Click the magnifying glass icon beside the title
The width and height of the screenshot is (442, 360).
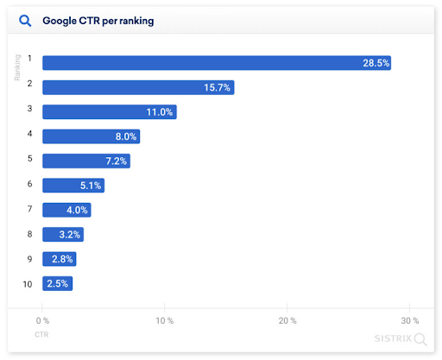pyautogui.click(x=25, y=20)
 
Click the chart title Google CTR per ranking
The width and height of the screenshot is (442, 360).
pyautogui.click(x=98, y=21)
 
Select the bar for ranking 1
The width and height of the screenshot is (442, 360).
pyautogui.click(x=217, y=62)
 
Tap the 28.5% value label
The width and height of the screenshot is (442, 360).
pyautogui.click(x=376, y=63)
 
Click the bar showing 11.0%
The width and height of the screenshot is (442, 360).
pyautogui.click(x=110, y=111)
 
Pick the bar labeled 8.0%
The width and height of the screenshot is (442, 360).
pyautogui.click(x=91, y=136)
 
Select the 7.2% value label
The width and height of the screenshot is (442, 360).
pyautogui.click(x=115, y=161)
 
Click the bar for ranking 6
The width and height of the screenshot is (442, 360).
pyautogui.click(x=73, y=185)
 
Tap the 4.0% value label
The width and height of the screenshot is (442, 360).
pyautogui.click(x=76, y=210)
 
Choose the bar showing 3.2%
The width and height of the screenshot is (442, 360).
pyautogui.click(x=63, y=234)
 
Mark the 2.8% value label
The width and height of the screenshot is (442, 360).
pyautogui.click(x=61, y=259)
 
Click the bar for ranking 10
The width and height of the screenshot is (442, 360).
pyautogui.click(x=58, y=283)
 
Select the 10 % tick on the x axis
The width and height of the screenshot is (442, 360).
pyautogui.click(x=165, y=320)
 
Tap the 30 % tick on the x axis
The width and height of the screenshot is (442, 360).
pyautogui.click(x=409, y=320)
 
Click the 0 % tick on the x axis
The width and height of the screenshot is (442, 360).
pyautogui.click(x=43, y=320)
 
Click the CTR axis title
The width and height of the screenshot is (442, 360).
pyautogui.click(x=41, y=334)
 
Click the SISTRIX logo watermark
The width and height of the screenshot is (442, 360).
pyautogui.click(x=400, y=338)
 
